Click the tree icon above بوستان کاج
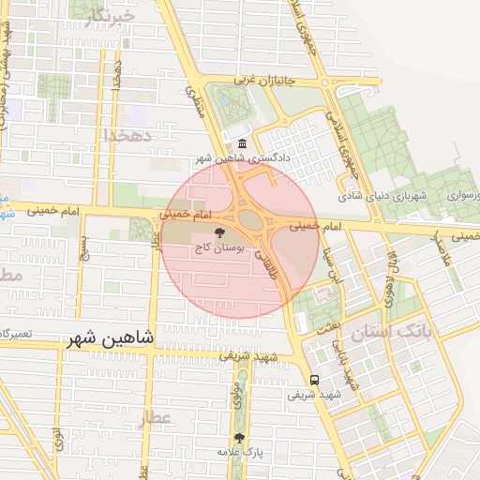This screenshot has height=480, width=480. (x=219, y=233)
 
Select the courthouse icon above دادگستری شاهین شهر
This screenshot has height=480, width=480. (x=243, y=143)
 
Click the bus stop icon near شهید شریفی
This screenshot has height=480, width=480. (x=313, y=381)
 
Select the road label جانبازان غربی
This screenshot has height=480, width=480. (x=264, y=81)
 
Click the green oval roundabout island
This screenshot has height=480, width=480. (x=249, y=219)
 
